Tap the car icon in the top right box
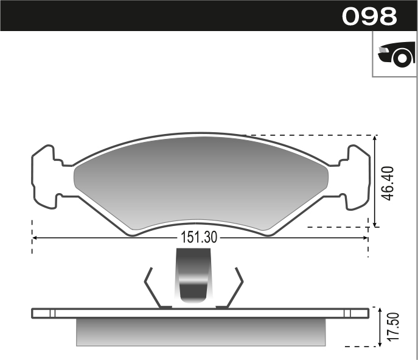click(395, 54)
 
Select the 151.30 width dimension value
click(198, 238)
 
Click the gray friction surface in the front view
click(201, 183)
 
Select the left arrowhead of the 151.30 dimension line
click(35, 238)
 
